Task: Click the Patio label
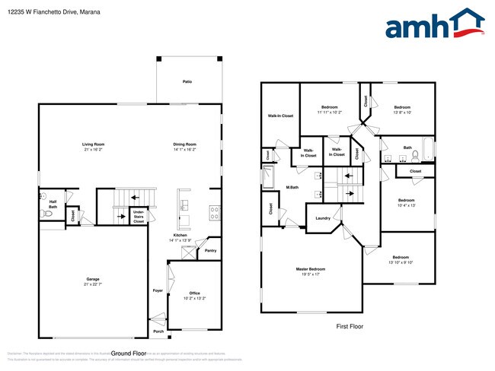187,81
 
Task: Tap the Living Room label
94,144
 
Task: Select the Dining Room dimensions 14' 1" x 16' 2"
185,150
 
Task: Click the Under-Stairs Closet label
139,215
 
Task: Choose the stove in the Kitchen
215,212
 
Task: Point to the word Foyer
158,290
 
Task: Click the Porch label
158,331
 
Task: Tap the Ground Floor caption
128,354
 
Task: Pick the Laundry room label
321,218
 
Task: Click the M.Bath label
292,187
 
